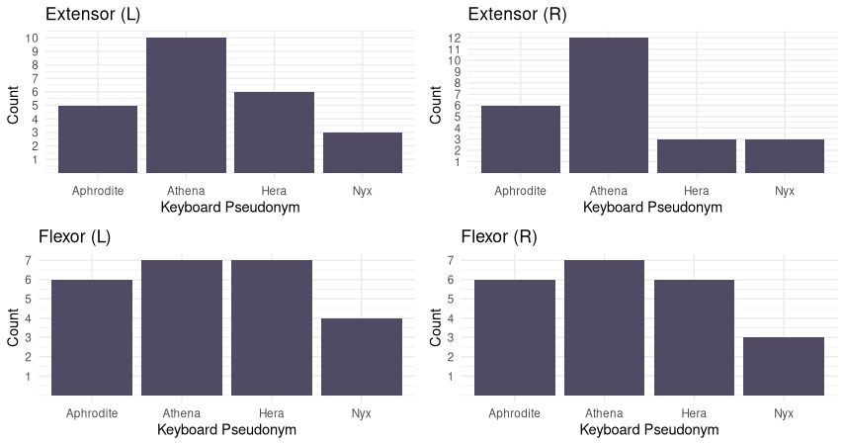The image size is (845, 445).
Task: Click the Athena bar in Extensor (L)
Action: tap(186, 105)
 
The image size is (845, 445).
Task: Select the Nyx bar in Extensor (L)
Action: tap(363, 152)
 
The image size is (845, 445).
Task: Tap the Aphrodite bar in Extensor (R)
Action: tap(520, 139)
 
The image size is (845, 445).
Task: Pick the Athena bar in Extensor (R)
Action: tap(609, 105)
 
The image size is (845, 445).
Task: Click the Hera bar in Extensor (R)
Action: tap(697, 156)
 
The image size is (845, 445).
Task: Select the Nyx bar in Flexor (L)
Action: tap(362, 357)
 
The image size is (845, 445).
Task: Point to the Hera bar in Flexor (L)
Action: tap(272, 327)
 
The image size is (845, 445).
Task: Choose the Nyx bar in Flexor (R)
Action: tap(785, 366)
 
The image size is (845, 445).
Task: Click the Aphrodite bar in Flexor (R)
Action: tap(515, 337)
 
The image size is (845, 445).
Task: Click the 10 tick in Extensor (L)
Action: tap(32, 38)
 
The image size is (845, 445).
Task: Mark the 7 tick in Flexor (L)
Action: tap(29, 260)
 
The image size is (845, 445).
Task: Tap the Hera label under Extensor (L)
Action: tap(274, 191)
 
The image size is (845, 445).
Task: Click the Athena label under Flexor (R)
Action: tap(604, 413)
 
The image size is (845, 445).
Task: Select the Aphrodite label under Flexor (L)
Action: tap(92, 413)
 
